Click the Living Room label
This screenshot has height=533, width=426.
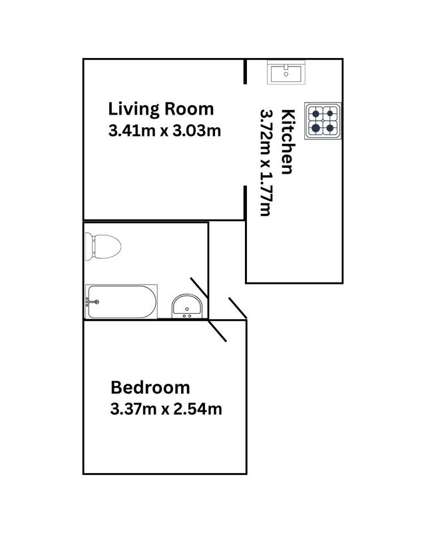coord(161,110)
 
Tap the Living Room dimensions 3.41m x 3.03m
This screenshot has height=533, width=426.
coord(165,131)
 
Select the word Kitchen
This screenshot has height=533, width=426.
coord(287,142)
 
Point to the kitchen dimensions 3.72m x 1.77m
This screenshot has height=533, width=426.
coord(266,163)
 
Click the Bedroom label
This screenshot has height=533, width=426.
coord(150,388)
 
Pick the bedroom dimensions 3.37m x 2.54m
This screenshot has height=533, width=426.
coord(166,409)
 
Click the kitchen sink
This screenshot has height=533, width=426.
coord(286,73)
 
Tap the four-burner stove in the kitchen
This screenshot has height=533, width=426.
coord(323,121)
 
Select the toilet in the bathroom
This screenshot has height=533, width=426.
coord(103,247)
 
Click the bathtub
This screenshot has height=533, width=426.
coord(121,302)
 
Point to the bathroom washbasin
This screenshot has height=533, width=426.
coord(187,306)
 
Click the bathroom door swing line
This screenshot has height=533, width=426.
coord(199,288)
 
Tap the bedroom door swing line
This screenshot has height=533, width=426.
coord(218,330)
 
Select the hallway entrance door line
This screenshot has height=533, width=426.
coord(238,308)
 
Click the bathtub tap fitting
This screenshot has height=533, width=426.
coord(93,302)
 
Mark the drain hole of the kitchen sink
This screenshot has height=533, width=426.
coord(286,74)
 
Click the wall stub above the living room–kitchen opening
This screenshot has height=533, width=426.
coord(245,71)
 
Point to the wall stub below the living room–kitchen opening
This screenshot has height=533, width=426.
coord(245,203)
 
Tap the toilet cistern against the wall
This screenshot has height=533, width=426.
coord(89,247)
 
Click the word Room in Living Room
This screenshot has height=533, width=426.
coord(189,109)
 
